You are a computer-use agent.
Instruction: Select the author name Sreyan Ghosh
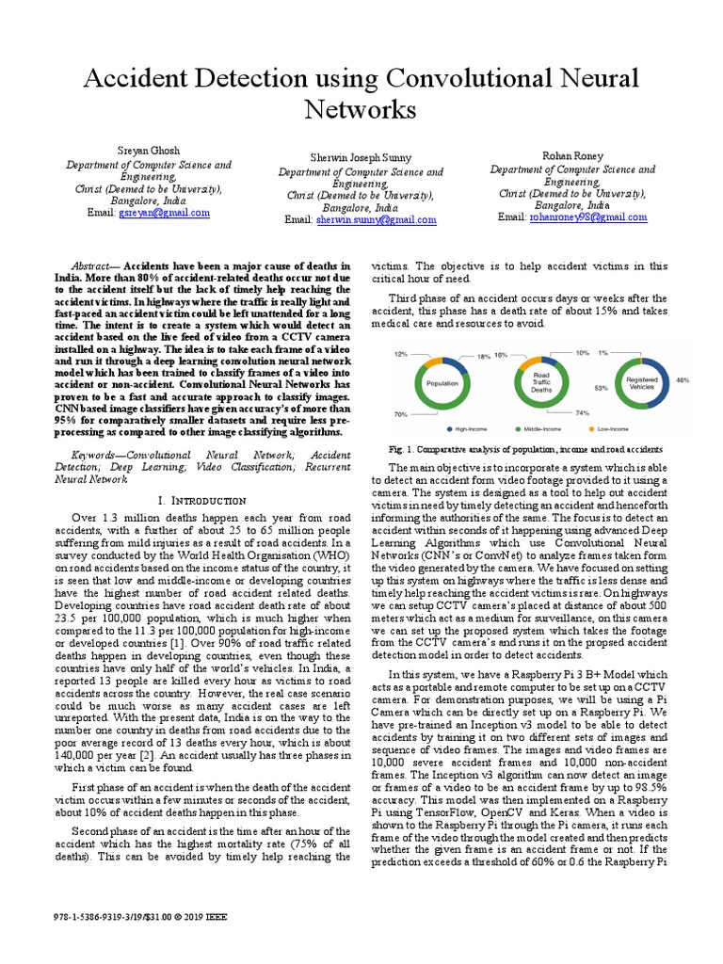tap(148, 151)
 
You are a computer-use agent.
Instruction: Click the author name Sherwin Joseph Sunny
tap(361, 157)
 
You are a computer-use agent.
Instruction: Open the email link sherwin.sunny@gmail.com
tap(362, 220)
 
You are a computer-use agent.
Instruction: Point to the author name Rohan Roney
tap(572, 155)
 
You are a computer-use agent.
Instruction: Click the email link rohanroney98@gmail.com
tap(587, 217)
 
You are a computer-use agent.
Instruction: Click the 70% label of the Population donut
tap(401, 413)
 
